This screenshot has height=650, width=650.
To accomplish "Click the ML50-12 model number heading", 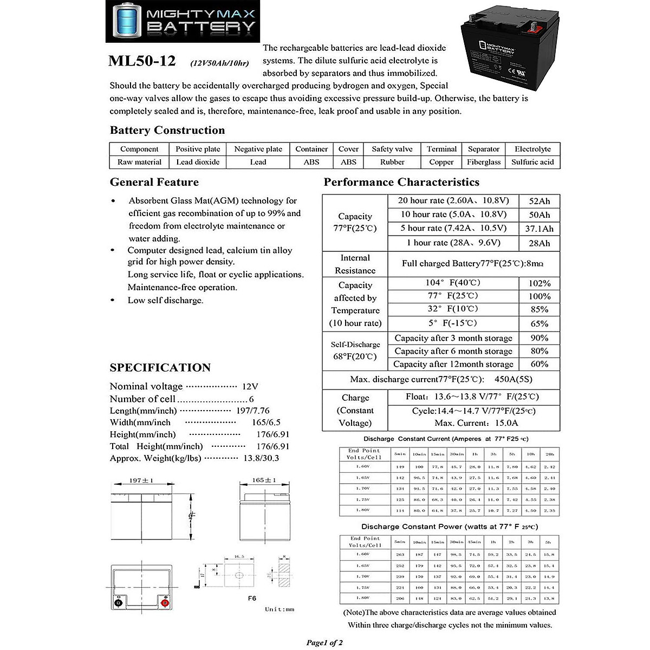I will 142,61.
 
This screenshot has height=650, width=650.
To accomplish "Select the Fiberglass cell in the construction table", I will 484,162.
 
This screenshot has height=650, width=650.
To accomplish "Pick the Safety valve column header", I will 392,149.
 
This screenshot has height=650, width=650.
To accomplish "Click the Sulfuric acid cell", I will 532,162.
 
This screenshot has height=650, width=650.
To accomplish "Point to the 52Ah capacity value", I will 539,201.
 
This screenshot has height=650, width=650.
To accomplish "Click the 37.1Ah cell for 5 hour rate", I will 539,229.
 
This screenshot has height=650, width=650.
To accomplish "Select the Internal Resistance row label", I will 355,264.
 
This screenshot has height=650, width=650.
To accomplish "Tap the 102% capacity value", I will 539,283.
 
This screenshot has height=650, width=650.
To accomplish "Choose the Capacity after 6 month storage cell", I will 453,351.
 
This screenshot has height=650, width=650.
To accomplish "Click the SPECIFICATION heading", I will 160,368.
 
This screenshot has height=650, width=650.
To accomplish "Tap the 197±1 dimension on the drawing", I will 141,480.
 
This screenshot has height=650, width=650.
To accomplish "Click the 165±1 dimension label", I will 264,480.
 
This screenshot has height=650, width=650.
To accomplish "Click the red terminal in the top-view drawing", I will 166,603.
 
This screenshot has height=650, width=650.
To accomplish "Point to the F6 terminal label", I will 251,599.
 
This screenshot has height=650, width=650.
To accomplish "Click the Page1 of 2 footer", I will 324,643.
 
